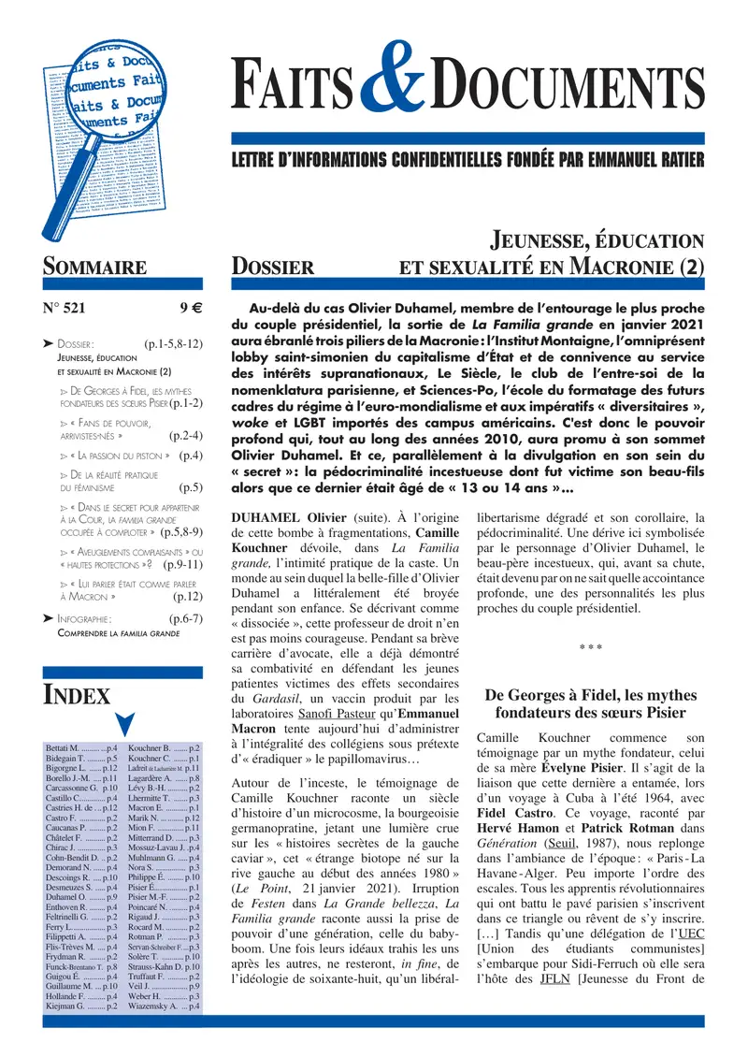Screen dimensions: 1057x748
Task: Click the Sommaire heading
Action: [x=94, y=267]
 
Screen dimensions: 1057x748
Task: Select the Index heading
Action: [x=78, y=694]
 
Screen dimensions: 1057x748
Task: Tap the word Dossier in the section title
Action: [x=273, y=267]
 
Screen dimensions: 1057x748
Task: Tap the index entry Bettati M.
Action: [x=64, y=749]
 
